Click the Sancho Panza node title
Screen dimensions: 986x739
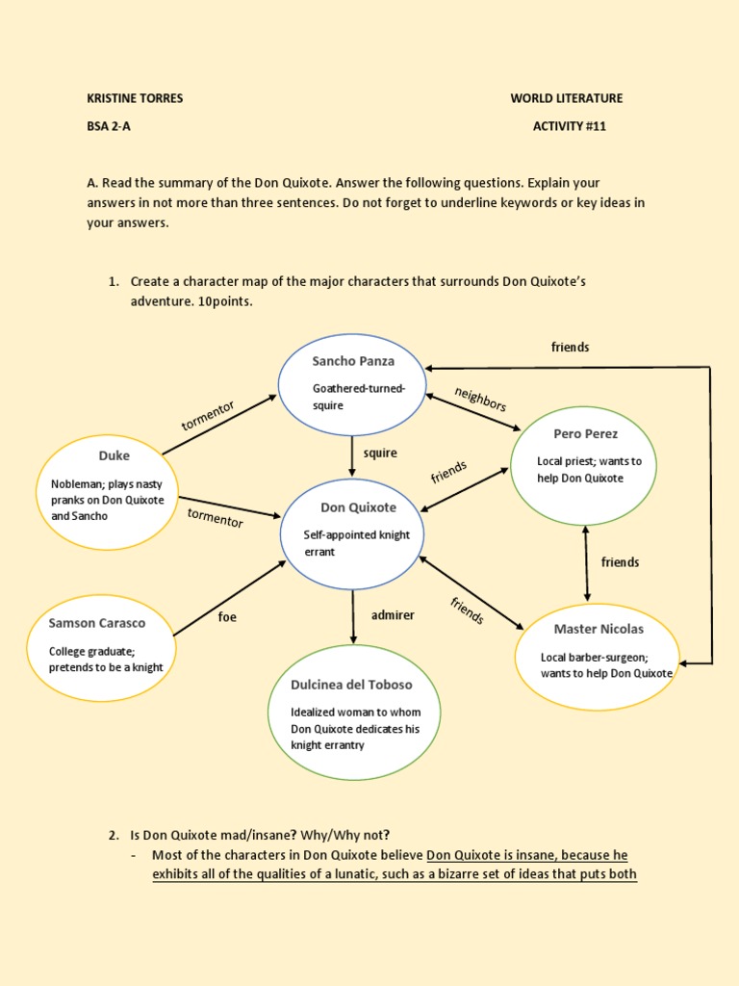tap(353, 361)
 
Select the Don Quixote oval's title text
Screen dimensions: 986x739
tap(358, 507)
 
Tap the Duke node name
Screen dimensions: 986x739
tap(114, 455)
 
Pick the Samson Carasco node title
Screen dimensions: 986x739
tap(97, 623)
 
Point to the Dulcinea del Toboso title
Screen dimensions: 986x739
tap(351, 685)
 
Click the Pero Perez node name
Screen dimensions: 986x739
tap(586, 433)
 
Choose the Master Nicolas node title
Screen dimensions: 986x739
tap(599, 629)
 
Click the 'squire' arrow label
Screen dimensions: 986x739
tap(380, 453)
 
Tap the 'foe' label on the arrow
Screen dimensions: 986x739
tap(227, 617)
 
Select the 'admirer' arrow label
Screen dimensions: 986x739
tap(393, 614)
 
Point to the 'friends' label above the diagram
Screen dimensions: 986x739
tap(570, 347)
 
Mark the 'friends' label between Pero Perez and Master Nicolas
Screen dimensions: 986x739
tap(620, 561)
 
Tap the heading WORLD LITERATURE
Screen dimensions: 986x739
tap(567, 98)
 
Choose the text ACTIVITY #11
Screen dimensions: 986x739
tap(570, 126)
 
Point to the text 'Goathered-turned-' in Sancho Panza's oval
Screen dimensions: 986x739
tap(359, 389)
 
